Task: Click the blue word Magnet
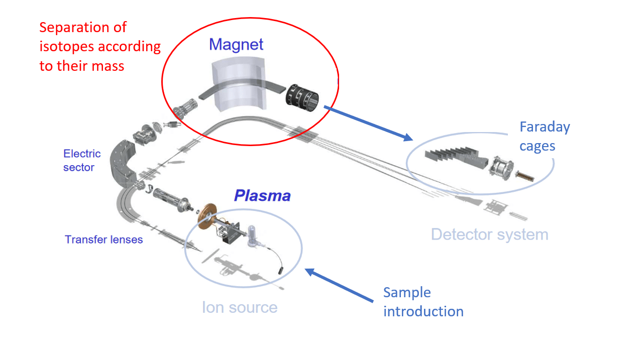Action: [236, 45]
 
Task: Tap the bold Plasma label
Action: [262, 196]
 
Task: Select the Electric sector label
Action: [82, 161]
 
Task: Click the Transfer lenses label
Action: [103, 239]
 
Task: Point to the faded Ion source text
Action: [240, 307]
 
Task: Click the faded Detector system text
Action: [489, 234]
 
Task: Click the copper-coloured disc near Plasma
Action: [206, 216]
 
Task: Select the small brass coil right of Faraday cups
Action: [522, 177]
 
